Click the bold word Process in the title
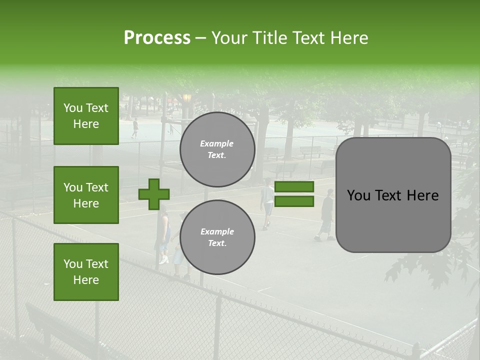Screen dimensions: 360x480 (x=157, y=38)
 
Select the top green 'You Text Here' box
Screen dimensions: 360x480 (x=86, y=116)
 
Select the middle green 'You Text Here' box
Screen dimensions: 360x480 (x=86, y=195)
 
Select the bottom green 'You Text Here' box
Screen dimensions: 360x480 (x=86, y=272)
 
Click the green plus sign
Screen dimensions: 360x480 (x=154, y=194)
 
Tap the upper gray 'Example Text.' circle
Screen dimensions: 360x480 (x=217, y=149)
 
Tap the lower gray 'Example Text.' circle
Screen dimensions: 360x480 (x=217, y=237)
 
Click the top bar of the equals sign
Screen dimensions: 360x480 (x=294, y=187)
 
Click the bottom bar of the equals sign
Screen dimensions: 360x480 (x=294, y=201)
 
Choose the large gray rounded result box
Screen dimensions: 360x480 (x=393, y=195)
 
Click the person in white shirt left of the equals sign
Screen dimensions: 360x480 (x=267, y=202)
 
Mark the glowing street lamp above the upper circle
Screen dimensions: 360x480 (x=187, y=98)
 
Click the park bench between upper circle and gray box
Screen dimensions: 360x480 (x=311, y=151)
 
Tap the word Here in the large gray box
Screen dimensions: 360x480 (x=422, y=195)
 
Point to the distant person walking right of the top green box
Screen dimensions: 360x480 (x=134, y=128)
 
